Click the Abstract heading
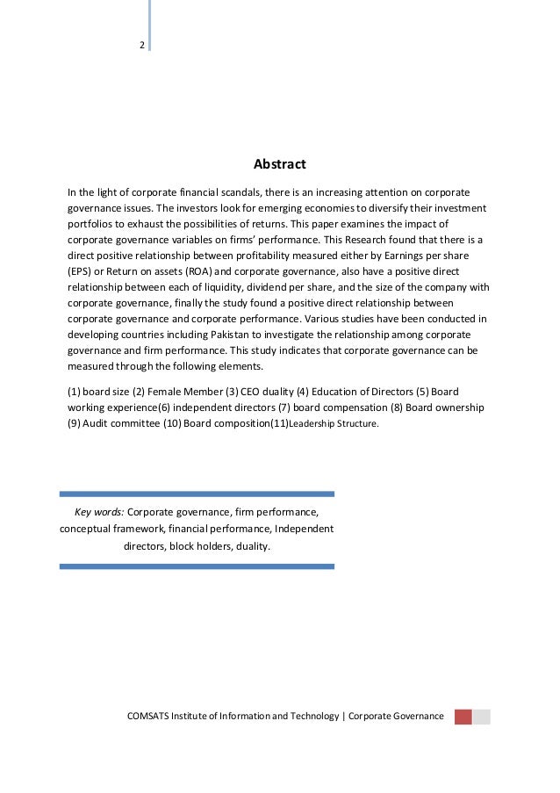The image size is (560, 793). [x=279, y=164]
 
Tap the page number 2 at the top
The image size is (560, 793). [x=141, y=46]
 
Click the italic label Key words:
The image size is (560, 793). [x=100, y=511]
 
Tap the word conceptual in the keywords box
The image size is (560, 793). [x=87, y=529]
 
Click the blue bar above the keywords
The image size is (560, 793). [x=197, y=494]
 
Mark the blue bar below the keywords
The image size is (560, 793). [x=197, y=566]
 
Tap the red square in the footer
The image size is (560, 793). [x=463, y=717]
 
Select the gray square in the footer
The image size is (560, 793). [x=482, y=717]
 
